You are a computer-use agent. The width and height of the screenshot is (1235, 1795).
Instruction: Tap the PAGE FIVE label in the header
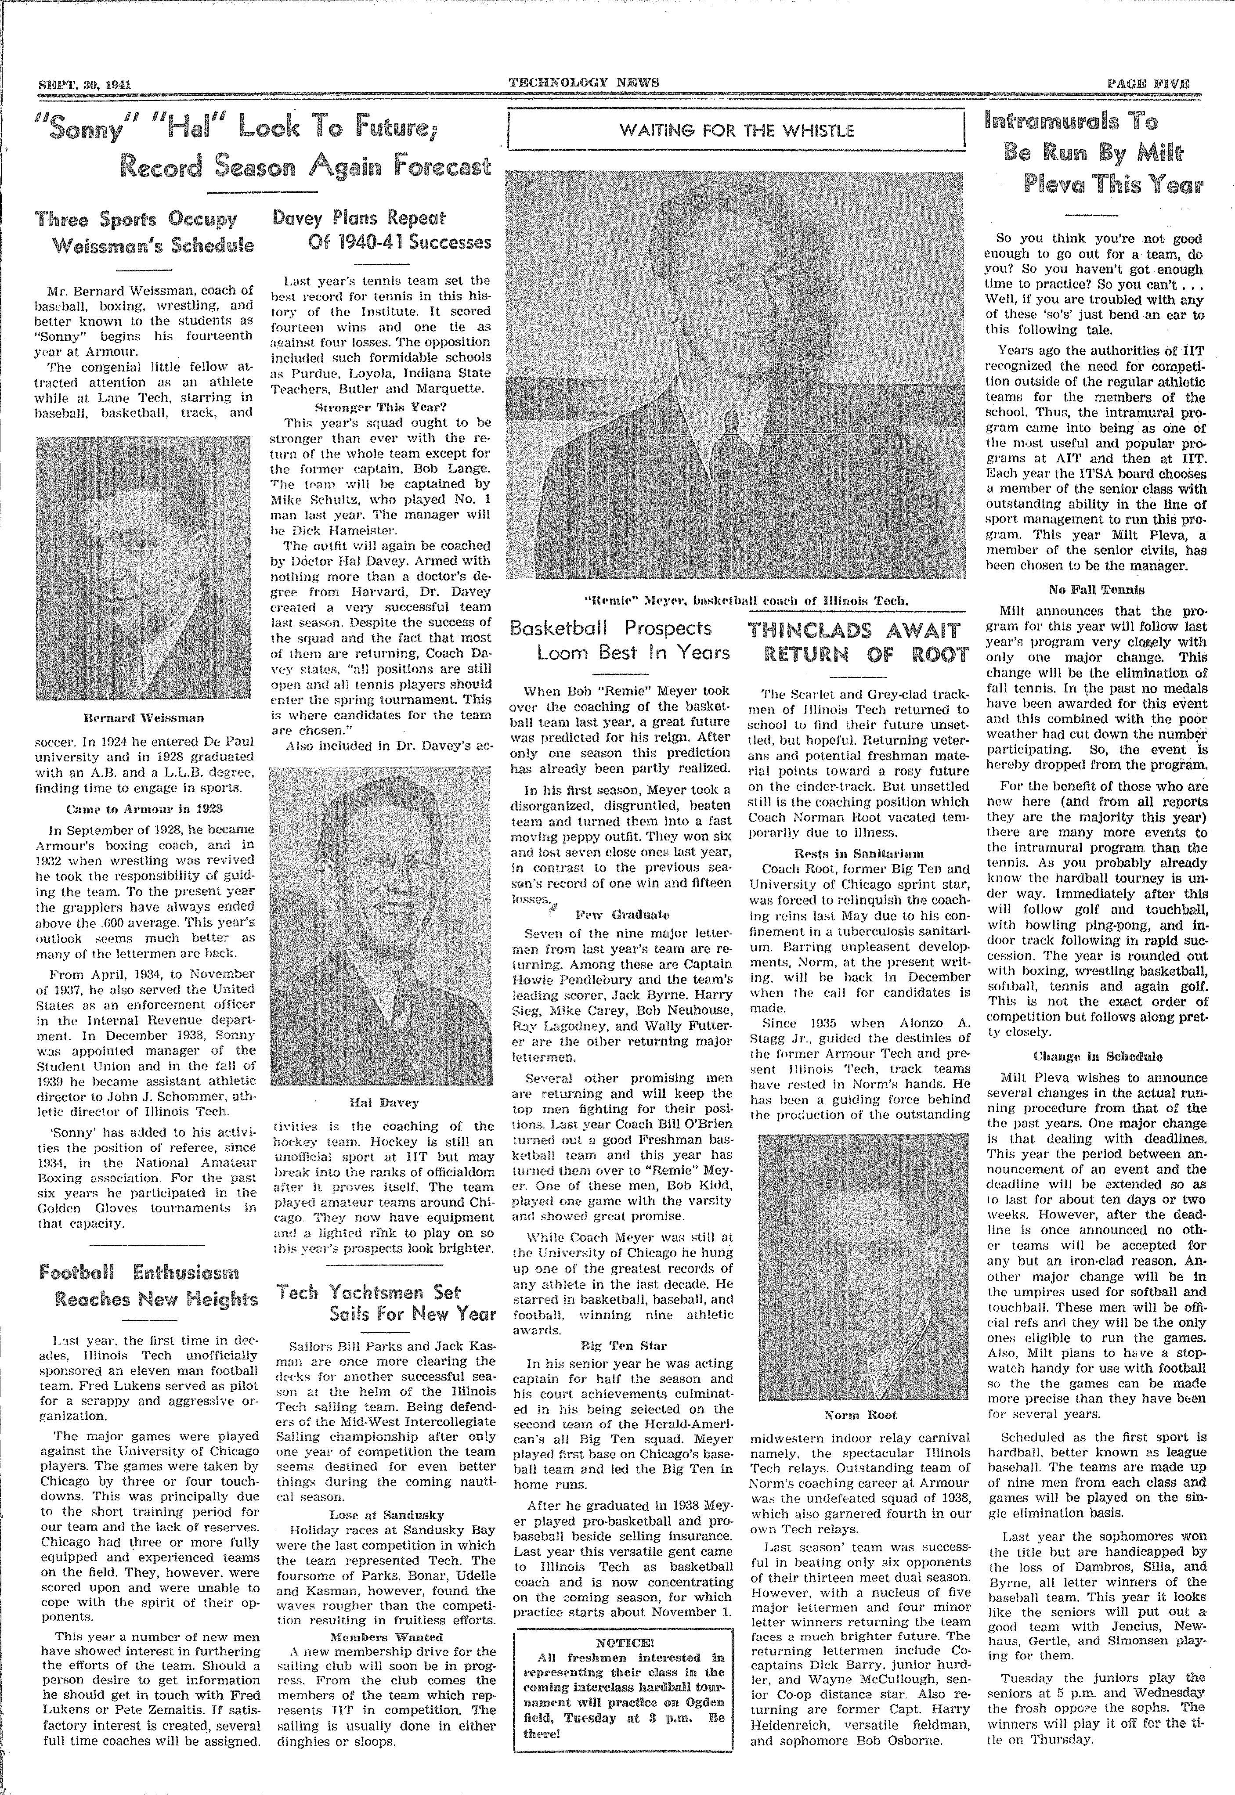point(1148,83)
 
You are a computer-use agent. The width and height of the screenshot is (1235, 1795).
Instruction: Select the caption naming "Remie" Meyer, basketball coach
point(736,600)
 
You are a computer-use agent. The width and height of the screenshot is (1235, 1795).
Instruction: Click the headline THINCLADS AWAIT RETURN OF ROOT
point(859,642)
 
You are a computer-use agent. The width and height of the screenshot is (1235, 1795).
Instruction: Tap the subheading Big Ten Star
point(622,1345)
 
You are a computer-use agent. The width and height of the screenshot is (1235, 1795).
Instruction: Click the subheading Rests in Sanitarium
point(859,854)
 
